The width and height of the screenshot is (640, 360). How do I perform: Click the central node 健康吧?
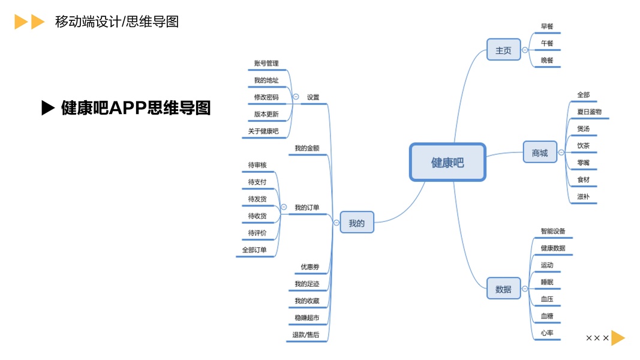coord(447,162)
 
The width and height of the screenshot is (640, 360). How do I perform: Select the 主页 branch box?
coord(503,50)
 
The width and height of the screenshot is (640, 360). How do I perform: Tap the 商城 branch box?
coord(539,153)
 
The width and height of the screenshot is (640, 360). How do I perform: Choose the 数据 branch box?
coord(503,289)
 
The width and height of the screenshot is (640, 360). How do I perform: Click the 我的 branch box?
coord(356,223)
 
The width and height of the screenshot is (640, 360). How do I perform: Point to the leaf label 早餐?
coord(547,26)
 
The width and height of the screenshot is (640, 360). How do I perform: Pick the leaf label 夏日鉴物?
coord(589,112)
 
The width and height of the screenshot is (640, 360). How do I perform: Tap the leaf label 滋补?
coord(583,196)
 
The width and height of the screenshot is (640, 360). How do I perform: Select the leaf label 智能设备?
coord(552,231)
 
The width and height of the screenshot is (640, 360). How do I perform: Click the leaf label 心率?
coord(546,332)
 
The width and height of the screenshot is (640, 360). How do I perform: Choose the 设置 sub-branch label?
coord(313,97)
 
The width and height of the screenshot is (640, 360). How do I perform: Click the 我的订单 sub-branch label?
coord(307,208)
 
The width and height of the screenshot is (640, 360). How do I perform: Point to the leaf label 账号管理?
coord(266,64)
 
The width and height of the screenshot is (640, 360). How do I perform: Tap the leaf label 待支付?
coord(257,182)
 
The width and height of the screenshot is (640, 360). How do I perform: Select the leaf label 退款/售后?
coord(305,334)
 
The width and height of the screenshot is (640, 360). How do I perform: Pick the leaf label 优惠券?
coord(310,266)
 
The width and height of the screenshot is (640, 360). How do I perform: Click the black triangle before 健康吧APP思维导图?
coord(48,108)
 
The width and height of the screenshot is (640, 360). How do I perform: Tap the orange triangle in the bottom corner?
coord(617,338)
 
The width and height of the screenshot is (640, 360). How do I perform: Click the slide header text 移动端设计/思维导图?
coord(116,22)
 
